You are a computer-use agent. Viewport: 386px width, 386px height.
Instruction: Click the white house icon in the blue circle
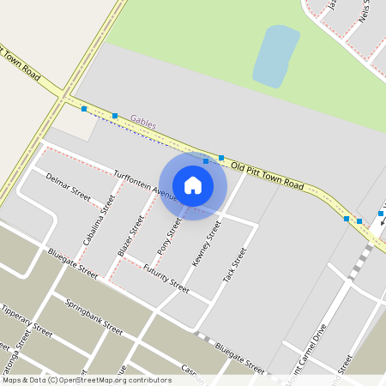click(x=193, y=184)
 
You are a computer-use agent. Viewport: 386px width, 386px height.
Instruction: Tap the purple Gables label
click(x=143, y=124)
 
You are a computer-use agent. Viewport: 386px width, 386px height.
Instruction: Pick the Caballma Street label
click(x=99, y=220)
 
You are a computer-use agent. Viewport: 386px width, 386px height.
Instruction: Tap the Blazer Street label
click(x=130, y=237)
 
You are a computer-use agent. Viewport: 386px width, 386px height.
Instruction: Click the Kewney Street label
click(x=207, y=243)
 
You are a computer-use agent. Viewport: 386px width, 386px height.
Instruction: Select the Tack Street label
click(x=234, y=266)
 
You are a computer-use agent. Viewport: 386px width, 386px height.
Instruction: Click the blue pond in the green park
click(x=275, y=56)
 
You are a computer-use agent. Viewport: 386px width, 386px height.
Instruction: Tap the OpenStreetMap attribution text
click(x=87, y=380)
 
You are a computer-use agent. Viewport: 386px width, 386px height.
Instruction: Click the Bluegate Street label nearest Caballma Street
click(x=73, y=263)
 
